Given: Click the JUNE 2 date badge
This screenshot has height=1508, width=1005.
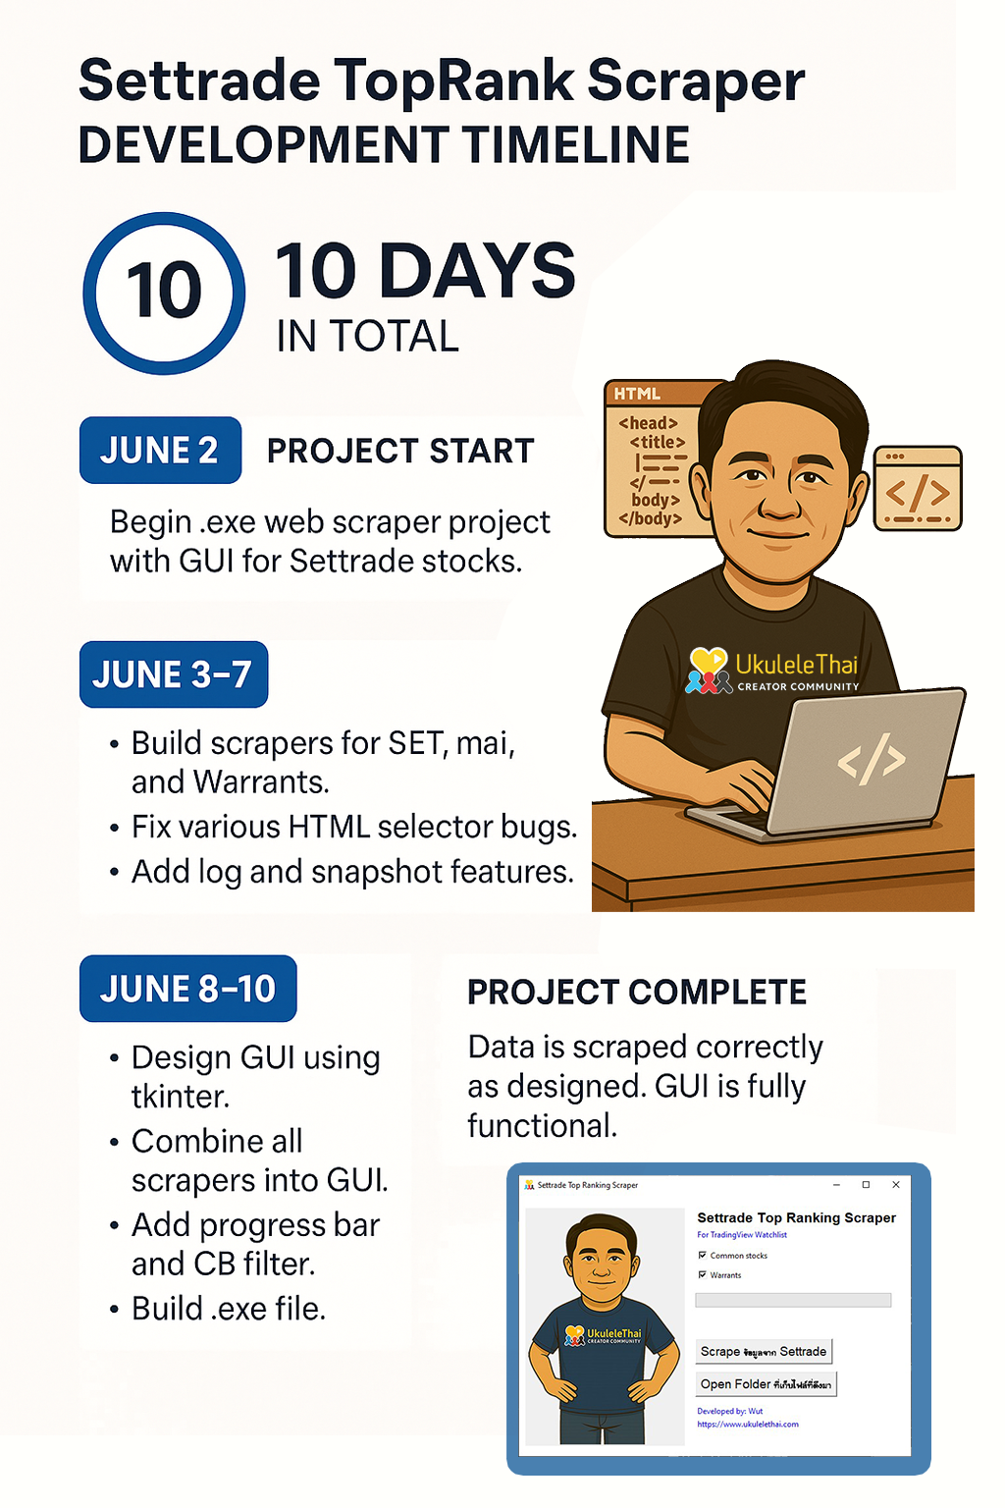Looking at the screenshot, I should (160, 451).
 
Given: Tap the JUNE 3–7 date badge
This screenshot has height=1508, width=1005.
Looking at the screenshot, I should (173, 674).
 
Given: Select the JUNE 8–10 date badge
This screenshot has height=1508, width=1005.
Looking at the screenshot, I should (187, 989).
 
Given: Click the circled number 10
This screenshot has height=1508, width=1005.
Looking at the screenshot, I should (164, 293).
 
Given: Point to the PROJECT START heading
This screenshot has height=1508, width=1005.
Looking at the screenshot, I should (400, 451).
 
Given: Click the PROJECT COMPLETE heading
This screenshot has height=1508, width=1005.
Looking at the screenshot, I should (636, 993).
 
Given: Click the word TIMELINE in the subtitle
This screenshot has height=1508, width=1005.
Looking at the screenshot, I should (576, 145).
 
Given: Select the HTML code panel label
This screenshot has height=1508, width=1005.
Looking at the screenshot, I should (637, 394).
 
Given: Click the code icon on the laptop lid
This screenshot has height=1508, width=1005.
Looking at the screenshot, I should (871, 759).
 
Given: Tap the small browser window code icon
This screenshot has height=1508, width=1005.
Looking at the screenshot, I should (918, 493).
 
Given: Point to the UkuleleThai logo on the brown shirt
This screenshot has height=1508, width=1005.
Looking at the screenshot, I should (771, 671).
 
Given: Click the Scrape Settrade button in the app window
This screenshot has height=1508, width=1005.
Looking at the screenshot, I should (764, 1352).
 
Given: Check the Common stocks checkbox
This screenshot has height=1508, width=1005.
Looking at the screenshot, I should (703, 1256).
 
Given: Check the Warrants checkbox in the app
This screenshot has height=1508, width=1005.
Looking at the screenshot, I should (703, 1275).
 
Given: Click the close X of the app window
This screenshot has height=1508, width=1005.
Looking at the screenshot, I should (895, 1185).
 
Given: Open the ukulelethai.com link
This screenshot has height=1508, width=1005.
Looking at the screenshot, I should (748, 1425).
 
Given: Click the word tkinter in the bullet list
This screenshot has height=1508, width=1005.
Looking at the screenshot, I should (181, 1097).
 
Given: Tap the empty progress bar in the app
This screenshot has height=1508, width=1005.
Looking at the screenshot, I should (793, 1300).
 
